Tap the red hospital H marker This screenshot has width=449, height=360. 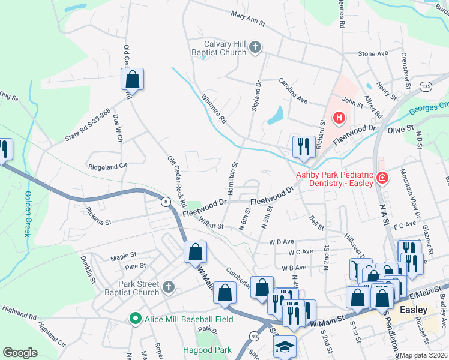point(339,117)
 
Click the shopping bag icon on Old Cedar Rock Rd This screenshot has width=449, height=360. point(133,80)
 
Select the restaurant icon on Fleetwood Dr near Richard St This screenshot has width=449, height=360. point(304,146)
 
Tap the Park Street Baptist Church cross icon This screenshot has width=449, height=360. point(168,288)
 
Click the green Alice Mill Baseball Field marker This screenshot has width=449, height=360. point(136,319)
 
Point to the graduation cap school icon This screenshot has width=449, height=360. point(285,346)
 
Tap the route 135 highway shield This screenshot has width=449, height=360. point(426,87)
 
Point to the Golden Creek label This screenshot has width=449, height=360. point(28,214)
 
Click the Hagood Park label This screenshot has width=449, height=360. point(207,349)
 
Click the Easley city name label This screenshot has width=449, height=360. point(414,310)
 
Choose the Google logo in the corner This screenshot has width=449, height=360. point(20,352)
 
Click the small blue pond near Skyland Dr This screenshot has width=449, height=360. point(276,115)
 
